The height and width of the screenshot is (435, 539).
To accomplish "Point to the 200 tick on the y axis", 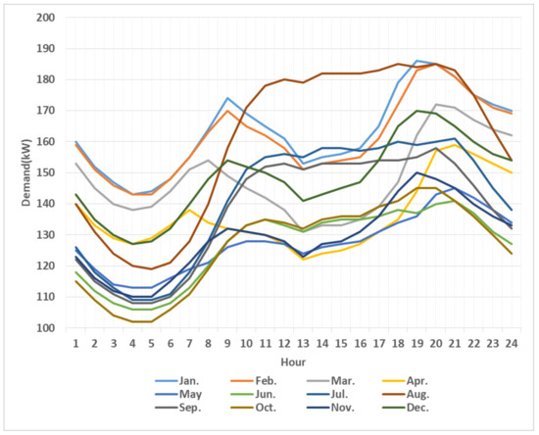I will point(44,18).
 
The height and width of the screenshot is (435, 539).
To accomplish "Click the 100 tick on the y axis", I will point(44,327).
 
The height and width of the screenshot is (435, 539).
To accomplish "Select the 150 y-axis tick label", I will point(44,172).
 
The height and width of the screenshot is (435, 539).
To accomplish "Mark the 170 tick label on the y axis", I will point(44,111).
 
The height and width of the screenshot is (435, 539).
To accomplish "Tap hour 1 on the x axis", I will point(74,342).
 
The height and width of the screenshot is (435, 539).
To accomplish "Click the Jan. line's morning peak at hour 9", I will point(227,98).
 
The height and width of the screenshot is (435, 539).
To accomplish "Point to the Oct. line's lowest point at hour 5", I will point(151,321).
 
